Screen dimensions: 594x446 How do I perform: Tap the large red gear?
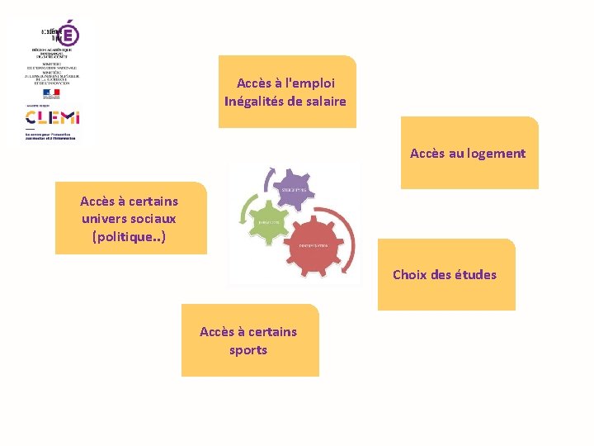pyautogui.click(x=314, y=245)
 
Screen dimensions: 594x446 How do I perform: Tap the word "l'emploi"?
pyautogui.click(x=309, y=83)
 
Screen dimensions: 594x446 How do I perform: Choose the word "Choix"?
pyautogui.click(x=409, y=274)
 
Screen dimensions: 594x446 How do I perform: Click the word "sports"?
pyautogui.click(x=248, y=349)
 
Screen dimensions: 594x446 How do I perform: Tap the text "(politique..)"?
pyautogui.click(x=129, y=237)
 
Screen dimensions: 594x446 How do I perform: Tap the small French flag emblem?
pyautogui.click(x=52, y=93)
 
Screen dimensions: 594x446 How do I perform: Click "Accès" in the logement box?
pyautogui.click(x=427, y=153)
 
